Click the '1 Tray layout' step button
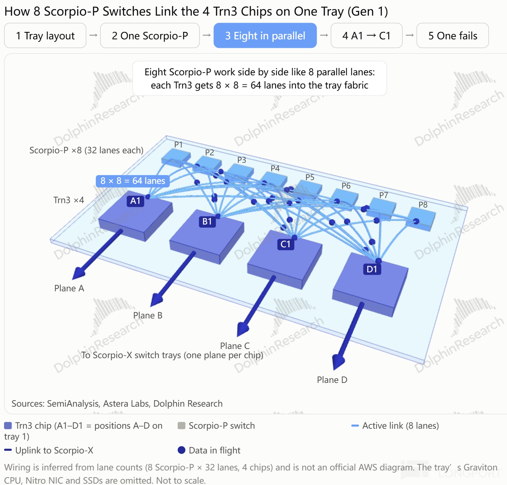point(45,36)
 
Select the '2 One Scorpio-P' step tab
point(150,36)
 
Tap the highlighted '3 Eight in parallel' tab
point(265,36)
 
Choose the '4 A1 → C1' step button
point(366,36)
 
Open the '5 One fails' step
point(452,36)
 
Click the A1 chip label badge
point(135,201)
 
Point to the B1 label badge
point(207,221)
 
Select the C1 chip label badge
point(286,244)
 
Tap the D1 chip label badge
point(372,269)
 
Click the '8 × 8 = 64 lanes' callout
point(133,181)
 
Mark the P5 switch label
point(310,177)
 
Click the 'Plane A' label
point(69,288)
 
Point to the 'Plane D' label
point(332,380)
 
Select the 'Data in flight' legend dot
point(182,450)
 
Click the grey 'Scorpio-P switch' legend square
point(182,425)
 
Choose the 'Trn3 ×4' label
point(69,200)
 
